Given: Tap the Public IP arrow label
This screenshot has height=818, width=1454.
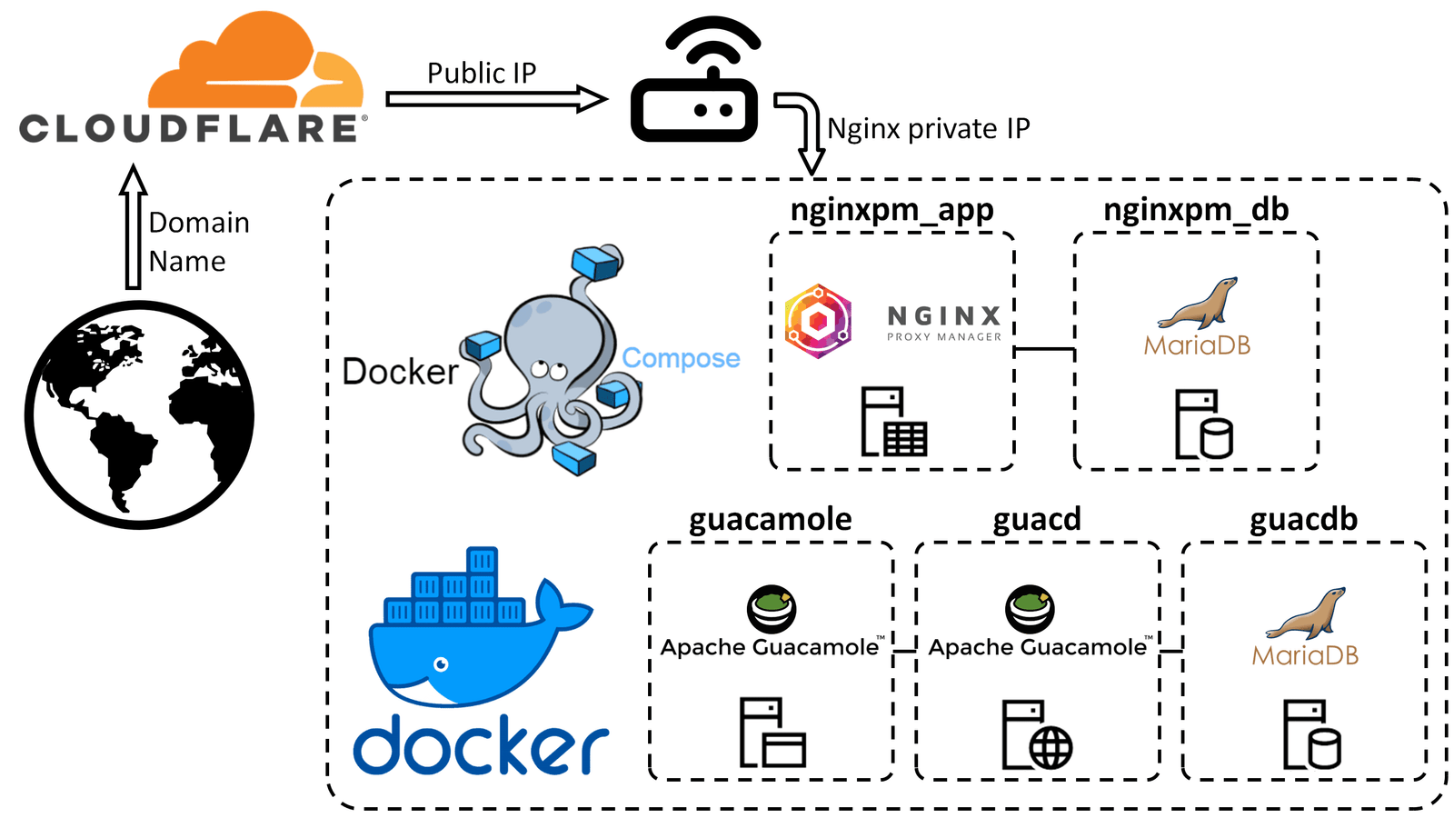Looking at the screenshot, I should (482, 73).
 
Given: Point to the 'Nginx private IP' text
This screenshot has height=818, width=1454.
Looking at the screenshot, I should (928, 129).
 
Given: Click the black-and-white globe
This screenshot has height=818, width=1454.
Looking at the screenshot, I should (139, 415).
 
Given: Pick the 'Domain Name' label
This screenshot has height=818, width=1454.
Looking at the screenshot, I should (198, 242).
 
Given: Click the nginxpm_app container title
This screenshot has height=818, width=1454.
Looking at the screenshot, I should (891, 210).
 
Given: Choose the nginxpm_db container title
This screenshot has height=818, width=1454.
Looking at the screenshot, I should (1196, 210).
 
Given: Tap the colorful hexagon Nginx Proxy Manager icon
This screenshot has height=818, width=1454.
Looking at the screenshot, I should (818, 321).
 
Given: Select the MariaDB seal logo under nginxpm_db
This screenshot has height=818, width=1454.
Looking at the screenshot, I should (1198, 304).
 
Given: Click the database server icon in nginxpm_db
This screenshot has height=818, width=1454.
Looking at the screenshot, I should (1203, 424).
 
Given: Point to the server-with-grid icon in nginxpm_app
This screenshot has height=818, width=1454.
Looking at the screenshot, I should (894, 422).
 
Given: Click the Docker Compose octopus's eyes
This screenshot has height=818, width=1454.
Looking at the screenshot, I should (549, 370).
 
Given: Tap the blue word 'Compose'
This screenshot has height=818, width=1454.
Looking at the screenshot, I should (681, 358).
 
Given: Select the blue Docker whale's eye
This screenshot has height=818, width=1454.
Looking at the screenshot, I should (441, 664).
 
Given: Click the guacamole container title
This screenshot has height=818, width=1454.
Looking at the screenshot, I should (770, 520).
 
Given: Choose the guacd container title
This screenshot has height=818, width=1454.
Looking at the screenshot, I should (1037, 520).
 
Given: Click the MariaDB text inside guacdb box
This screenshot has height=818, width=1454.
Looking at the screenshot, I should (1305, 655).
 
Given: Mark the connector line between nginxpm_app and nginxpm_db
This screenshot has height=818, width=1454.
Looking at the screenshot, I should (1044, 349).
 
